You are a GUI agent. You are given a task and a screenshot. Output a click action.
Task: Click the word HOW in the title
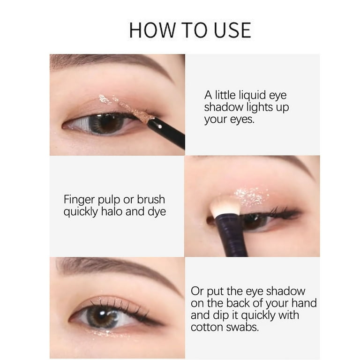point(152,30)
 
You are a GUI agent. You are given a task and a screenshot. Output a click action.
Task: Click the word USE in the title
point(232,30)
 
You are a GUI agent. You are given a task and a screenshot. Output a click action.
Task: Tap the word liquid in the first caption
point(252,95)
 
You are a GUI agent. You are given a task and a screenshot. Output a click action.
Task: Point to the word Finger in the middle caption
point(79,200)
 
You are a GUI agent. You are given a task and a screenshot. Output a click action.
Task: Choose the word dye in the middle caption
point(157,212)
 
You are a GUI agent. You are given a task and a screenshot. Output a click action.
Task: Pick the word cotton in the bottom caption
point(206,327)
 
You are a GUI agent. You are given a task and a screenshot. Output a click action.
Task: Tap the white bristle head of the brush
point(225,207)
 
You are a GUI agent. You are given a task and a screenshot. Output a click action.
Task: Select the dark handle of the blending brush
point(231,236)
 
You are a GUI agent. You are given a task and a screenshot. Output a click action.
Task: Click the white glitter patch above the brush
point(251,196)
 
